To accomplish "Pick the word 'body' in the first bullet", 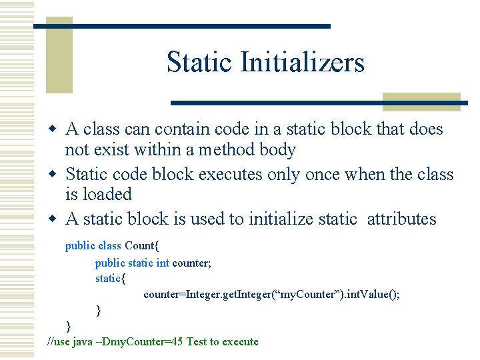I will click(x=277, y=149).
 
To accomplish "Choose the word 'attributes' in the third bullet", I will click(x=401, y=219).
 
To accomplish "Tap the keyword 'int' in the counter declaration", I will click(x=163, y=263).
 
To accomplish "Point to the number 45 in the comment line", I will click(x=177, y=342).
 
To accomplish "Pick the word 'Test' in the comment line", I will click(x=196, y=342).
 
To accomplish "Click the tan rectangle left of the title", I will click(x=59, y=56).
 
